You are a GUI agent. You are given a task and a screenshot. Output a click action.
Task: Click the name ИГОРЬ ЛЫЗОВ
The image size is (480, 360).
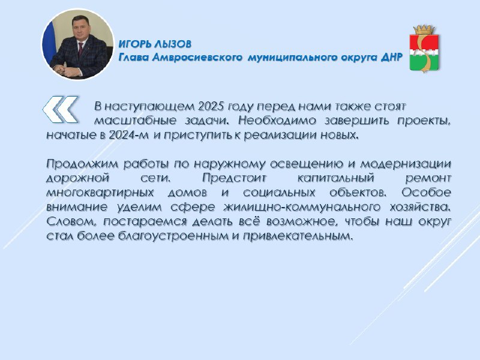pyautogui.click(x=155, y=44)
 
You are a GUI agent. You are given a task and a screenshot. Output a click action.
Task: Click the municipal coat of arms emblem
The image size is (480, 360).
pyautogui.click(x=424, y=49)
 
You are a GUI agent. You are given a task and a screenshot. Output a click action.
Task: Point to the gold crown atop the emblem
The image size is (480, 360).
pyautogui.click(x=424, y=29)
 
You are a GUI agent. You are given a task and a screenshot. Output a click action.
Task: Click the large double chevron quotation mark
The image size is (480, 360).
pyautogui.click(x=61, y=109)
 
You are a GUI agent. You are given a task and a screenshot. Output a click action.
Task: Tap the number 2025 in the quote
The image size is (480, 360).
pyautogui.click(x=209, y=106)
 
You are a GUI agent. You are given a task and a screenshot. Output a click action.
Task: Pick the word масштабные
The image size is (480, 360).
pyautogui.click(x=135, y=121)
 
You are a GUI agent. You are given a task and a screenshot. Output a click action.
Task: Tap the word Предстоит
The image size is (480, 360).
pyautogui.click(x=235, y=178)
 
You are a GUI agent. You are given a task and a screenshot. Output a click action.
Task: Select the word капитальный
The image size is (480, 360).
pyautogui.click(x=336, y=178)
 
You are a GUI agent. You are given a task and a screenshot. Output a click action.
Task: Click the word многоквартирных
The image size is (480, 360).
pyautogui.click(x=100, y=193)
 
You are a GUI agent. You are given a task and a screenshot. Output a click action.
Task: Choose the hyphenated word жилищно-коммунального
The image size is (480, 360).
pyautogui.click(x=302, y=207)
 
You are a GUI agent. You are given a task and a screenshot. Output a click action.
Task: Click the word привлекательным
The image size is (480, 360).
pyautogui.click(x=298, y=236)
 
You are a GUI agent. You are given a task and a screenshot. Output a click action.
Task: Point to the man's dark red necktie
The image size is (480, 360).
pyautogui.click(x=80, y=50)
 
